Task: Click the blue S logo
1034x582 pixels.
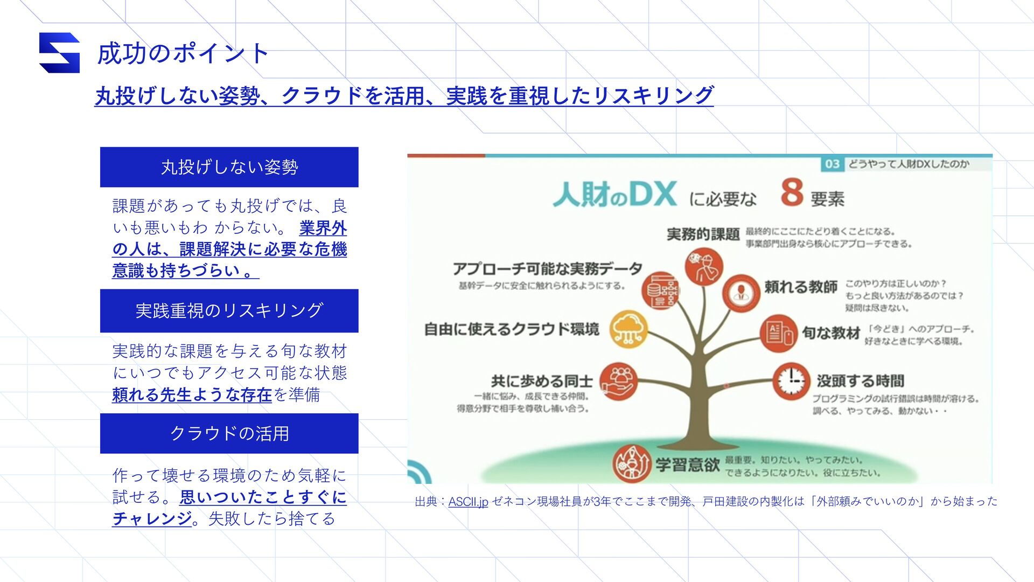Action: click(x=59, y=53)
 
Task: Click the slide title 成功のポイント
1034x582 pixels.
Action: click(x=183, y=53)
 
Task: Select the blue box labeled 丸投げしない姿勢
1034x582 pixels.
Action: click(x=229, y=167)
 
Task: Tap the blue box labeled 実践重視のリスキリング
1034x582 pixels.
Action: click(x=229, y=310)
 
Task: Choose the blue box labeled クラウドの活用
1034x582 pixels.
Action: click(x=229, y=433)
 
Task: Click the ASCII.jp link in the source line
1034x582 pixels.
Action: click(x=467, y=502)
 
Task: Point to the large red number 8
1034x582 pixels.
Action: click(x=792, y=192)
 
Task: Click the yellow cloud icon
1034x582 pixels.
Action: click(x=628, y=329)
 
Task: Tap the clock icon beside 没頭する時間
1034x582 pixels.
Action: click(x=791, y=380)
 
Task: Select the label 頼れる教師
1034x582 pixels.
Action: click(x=801, y=287)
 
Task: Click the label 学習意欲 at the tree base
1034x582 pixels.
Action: click(x=687, y=465)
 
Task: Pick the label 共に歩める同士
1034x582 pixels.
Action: click(x=541, y=382)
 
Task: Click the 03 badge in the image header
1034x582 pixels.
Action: click(x=832, y=164)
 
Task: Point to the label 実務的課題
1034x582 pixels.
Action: click(x=703, y=234)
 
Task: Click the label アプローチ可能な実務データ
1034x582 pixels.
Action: click(x=547, y=268)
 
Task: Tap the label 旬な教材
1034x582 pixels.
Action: click(x=830, y=333)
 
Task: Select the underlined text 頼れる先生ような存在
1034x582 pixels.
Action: click(x=192, y=395)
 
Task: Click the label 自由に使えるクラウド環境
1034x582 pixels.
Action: click(x=511, y=329)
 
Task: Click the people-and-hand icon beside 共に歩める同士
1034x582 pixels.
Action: click(x=618, y=381)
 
